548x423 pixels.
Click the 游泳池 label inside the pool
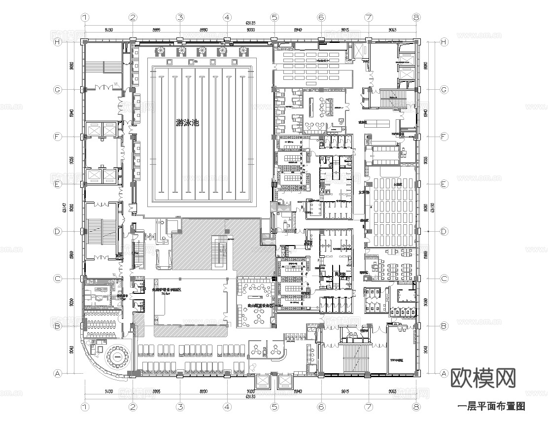click(x=187, y=123)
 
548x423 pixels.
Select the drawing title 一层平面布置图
click(x=491, y=406)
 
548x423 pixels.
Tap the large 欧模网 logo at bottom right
click(x=483, y=379)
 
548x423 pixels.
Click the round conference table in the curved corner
click(x=118, y=356)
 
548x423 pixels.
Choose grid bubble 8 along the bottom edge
click(x=416, y=407)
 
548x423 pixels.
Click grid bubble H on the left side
click(x=58, y=42)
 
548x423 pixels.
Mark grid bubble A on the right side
click(x=444, y=374)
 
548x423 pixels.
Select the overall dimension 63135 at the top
click(x=251, y=23)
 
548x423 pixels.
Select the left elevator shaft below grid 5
click(x=262, y=382)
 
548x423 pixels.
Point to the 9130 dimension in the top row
click(x=109, y=30)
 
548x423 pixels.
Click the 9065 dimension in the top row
click(x=393, y=30)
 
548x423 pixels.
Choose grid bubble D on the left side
click(x=58, y=231)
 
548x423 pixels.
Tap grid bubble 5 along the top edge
click(x=274, y=17)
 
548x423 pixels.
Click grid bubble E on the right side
click(x=444, y=184)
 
